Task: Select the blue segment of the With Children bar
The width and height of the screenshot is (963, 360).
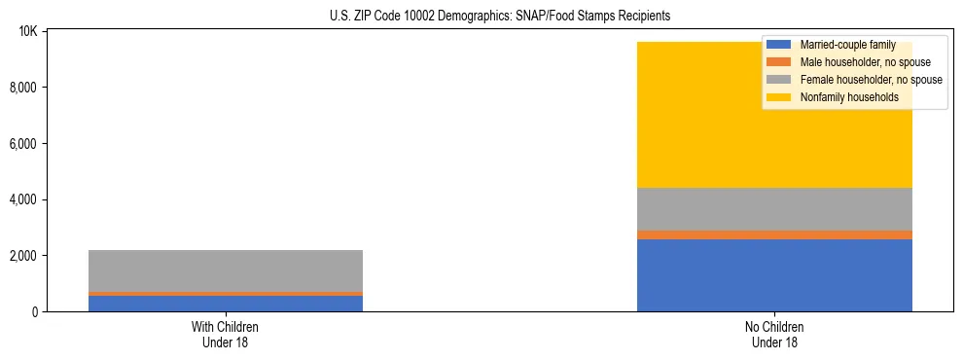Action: pyautogui.click(x=226, y=303)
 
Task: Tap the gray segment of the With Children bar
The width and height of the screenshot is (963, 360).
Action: pyautogui.click(x=226, y=270)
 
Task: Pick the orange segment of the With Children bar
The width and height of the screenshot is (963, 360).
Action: pyautogui.click(x=226, y=293)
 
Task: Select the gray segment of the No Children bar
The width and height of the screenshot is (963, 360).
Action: pyautogui.click(x=774, y=209)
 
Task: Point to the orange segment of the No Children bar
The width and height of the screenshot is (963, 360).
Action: pyautogui.click(x=774, y=234)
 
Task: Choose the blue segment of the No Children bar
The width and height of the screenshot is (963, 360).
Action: pyautogui.click(x=774, y=275)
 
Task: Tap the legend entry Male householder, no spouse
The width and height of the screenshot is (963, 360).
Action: pyautogui.click(x=865, y=62)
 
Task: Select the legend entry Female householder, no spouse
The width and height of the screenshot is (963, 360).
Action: pyautogui.click(x=871, y=80)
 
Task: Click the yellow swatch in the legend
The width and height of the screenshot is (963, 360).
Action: pyautogui.click(x=779, y=97)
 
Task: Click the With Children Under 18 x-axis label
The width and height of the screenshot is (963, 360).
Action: pyautogui.click(x=226, y=334)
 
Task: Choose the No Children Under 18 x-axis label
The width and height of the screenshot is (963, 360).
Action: pyautogui.click(x=774, y=334)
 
